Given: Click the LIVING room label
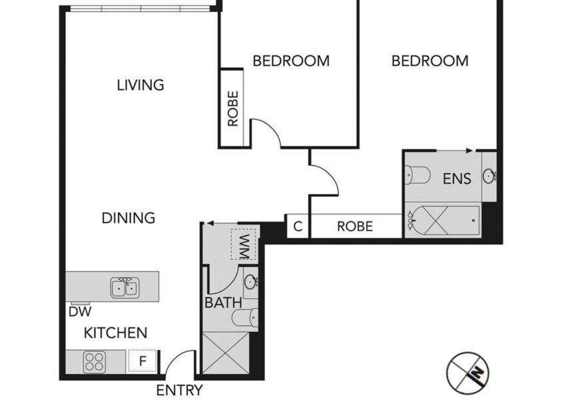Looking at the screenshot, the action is [x=141, y=85].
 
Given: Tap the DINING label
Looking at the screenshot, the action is [x=129, y=218].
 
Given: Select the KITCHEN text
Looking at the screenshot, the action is [x=115, y=333].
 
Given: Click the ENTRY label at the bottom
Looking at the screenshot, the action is [x=179, y=391].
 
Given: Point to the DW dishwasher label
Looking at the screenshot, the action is [x=80, y=311].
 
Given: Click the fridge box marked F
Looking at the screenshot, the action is [x=142, y=361].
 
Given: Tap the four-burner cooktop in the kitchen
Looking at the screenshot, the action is [x=95, y=362].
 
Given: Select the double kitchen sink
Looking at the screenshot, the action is [x=125, y=287].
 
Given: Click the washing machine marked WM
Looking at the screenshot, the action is [x=244, y=244].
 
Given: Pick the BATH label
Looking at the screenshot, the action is [x=223, y=303].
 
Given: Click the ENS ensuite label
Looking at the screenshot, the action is [x=457, y=179].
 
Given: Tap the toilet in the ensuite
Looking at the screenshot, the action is [x=418, y=175].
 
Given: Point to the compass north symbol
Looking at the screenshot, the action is [x=467, y=372].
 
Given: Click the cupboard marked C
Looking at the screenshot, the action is [x=298, y=227].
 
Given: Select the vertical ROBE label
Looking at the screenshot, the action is [x=233, y=109].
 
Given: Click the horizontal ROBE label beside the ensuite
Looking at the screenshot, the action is [x=355, y=227].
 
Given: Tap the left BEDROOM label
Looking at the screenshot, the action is [x=291, y=61].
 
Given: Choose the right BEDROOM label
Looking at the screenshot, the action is [x=430, y=61].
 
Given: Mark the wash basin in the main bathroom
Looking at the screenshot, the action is [x=250, y=282].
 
